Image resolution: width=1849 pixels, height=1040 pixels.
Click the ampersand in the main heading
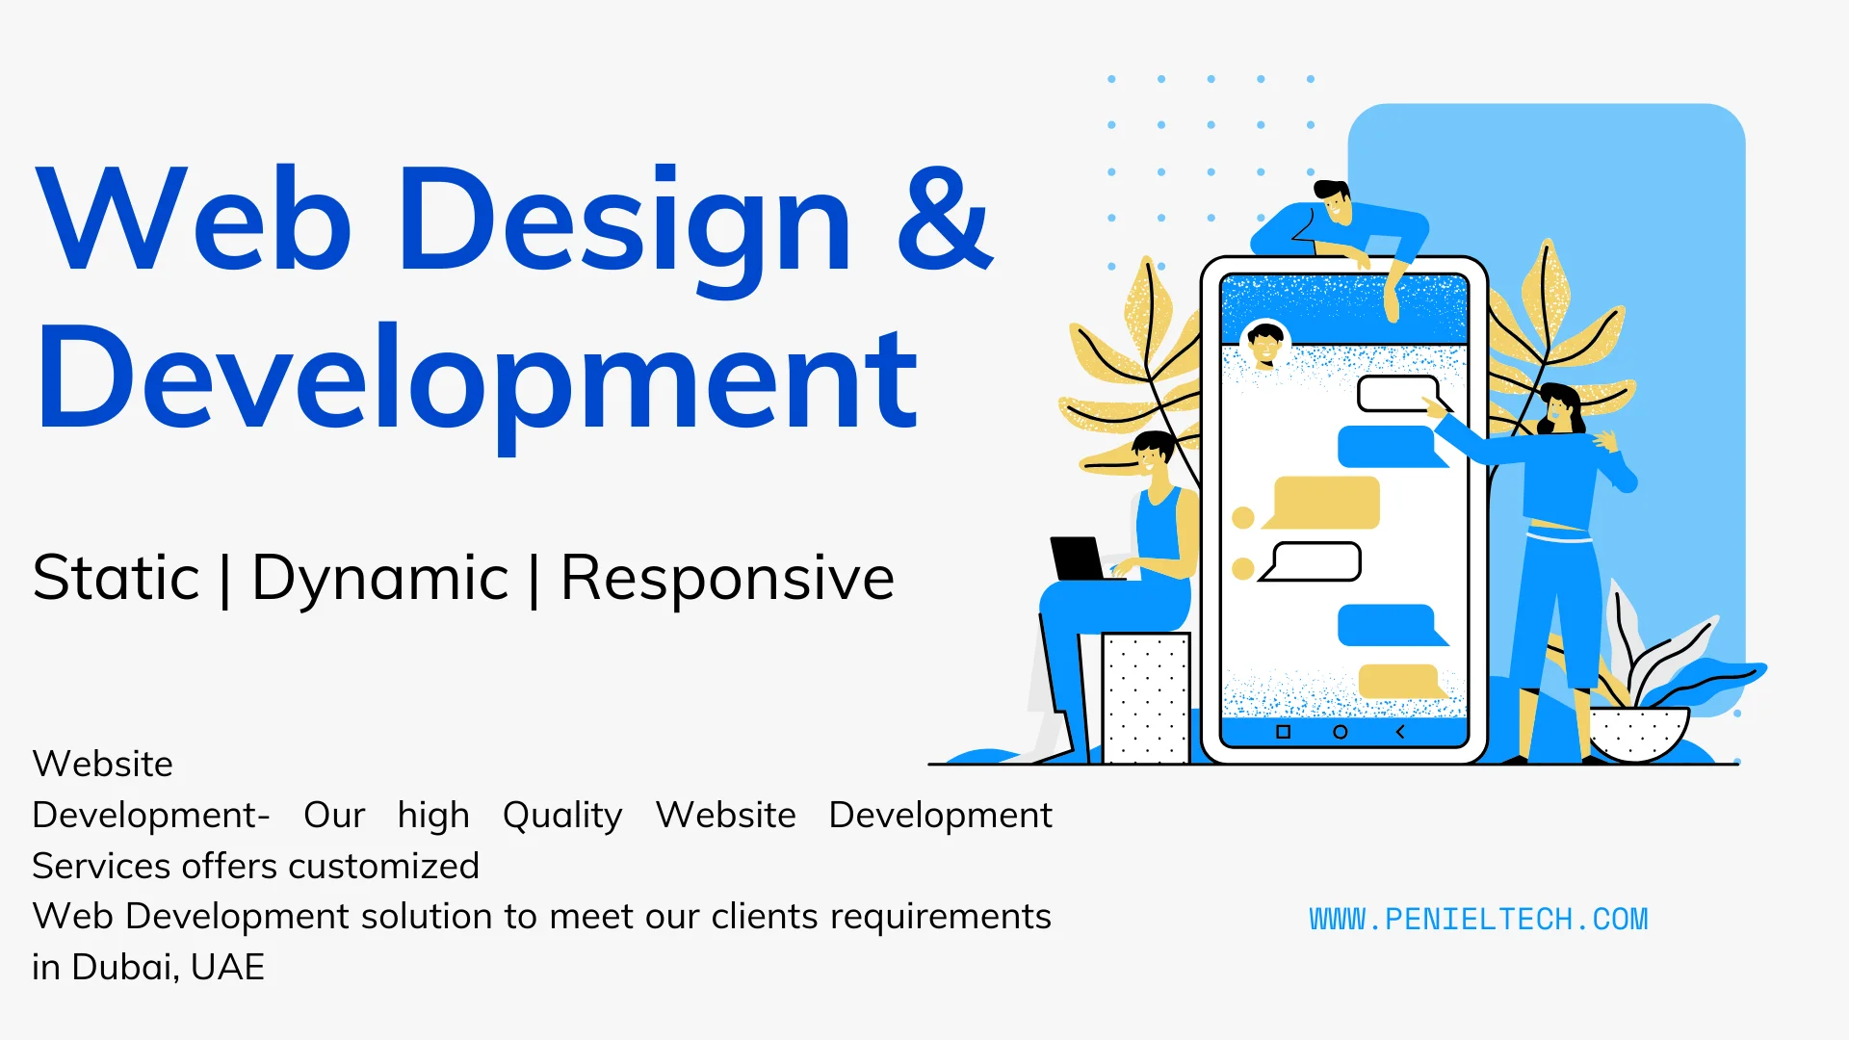click(944, 219)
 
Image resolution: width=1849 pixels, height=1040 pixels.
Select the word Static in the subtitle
click(117, 578)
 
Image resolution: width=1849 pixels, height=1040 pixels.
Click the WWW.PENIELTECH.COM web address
click(1478, 920)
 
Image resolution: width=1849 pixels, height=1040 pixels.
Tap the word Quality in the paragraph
click(562, 816)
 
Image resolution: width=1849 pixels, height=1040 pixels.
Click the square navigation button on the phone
click(1283, 732)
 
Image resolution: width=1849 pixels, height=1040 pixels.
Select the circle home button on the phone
click(1340, 732)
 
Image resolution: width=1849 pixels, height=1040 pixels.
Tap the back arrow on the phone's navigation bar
click(1400, 732)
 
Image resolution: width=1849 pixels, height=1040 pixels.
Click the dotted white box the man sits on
click(1146, 698)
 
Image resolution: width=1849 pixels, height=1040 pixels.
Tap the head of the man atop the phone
click(1335, 201)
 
